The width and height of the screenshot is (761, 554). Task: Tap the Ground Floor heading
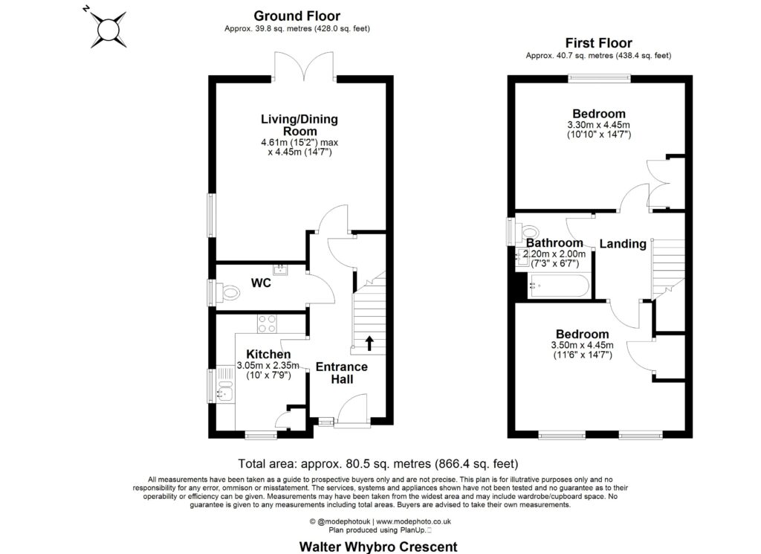pyautogui.click(x=297, y=16)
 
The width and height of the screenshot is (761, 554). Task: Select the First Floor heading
pyautogui.click(x=598, y=43)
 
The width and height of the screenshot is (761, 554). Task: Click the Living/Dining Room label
pyautogui.click(x=299, y=125)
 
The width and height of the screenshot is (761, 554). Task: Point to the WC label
pyautogui.click(x=260, y=283)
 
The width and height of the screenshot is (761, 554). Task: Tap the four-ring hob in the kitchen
pyautogui.click(x=267, y=323)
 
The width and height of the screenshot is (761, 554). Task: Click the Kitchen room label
pyautogui.click(x=268, y=354)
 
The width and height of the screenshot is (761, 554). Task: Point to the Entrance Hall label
pyautogui.click(x=342, y=373)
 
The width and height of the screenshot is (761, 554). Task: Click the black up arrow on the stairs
pyautogui.click(x=369, y=343)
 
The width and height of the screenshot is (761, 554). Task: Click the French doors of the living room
pyautogui.click(x=304, y=65)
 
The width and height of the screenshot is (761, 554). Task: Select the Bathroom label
pyautogui.click(x=554, y=243)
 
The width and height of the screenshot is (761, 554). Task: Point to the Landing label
pyautogui.click(x=622, y=244)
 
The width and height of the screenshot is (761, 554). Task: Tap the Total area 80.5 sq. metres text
pyautogui.click(x=378, y=463)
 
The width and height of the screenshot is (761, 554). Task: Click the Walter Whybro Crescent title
pyautogui.click(x=378, y=547)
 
